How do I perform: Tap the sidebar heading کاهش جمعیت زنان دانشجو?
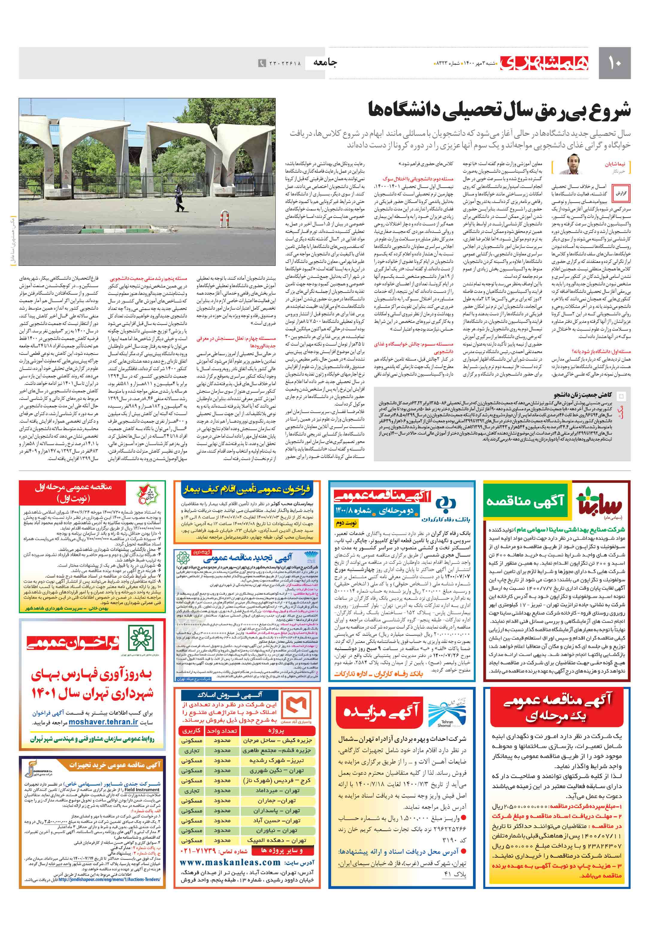tap(582, 395)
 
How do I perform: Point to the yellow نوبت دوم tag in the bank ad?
tap(346, 523)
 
